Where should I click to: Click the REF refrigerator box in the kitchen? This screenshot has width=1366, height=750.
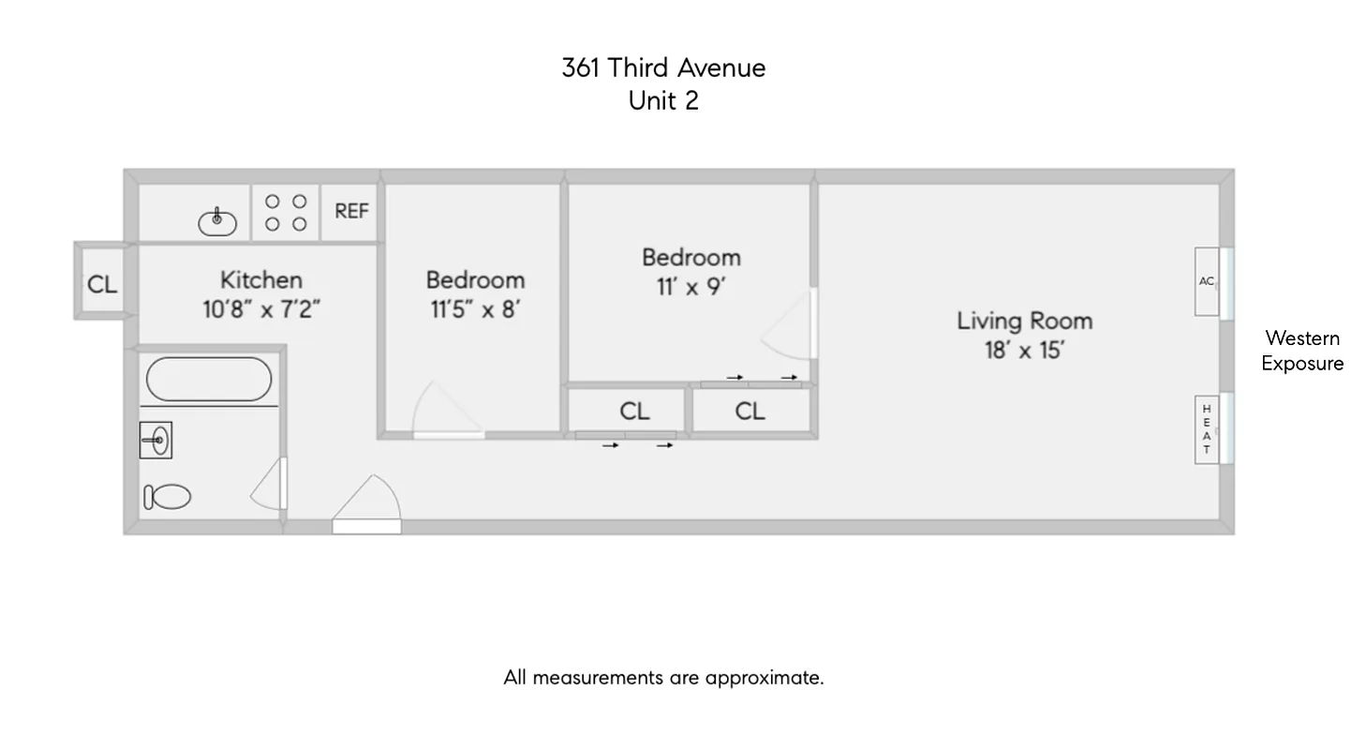351,212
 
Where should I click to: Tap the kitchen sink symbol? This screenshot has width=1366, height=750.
217,221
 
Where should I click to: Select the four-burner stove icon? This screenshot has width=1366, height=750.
286,213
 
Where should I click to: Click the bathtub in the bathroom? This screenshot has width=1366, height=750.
209,379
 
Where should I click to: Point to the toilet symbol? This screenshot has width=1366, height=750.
168,497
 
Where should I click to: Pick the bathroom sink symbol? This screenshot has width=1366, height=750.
156,440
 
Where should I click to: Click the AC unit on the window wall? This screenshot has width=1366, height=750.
1207,281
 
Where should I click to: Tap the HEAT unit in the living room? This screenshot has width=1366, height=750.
1207,429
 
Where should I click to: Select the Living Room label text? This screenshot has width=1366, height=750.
1024,321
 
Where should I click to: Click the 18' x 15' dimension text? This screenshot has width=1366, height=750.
1024,352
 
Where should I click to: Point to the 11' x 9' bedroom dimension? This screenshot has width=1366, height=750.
691,287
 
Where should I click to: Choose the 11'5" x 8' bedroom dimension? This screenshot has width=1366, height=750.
475,309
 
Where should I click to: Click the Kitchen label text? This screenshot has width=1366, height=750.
261,279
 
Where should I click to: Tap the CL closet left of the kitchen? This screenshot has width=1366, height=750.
102,283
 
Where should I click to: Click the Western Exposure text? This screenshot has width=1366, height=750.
1302,351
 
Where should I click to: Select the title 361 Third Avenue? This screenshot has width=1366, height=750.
663,67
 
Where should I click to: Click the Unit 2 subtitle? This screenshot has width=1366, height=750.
663,100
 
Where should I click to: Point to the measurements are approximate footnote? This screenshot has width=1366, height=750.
663,677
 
